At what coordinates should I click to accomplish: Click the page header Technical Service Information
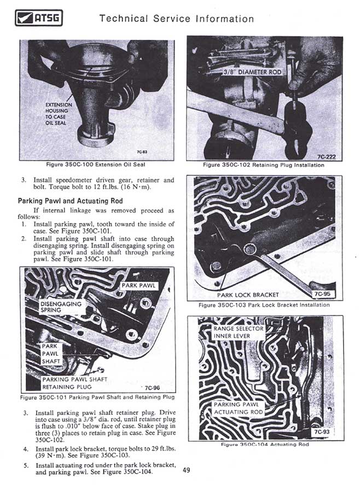[177, 19]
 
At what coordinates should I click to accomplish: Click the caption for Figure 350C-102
[263, 165]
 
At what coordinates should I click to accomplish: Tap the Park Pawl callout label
[138, 285]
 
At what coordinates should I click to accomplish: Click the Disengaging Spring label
[60, 307]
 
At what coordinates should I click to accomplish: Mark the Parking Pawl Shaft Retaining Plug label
[74, 383]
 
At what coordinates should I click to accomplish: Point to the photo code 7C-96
[154, 388]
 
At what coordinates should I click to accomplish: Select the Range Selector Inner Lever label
[239, 332]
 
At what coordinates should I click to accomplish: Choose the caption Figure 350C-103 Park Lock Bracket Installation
[264, 305]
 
